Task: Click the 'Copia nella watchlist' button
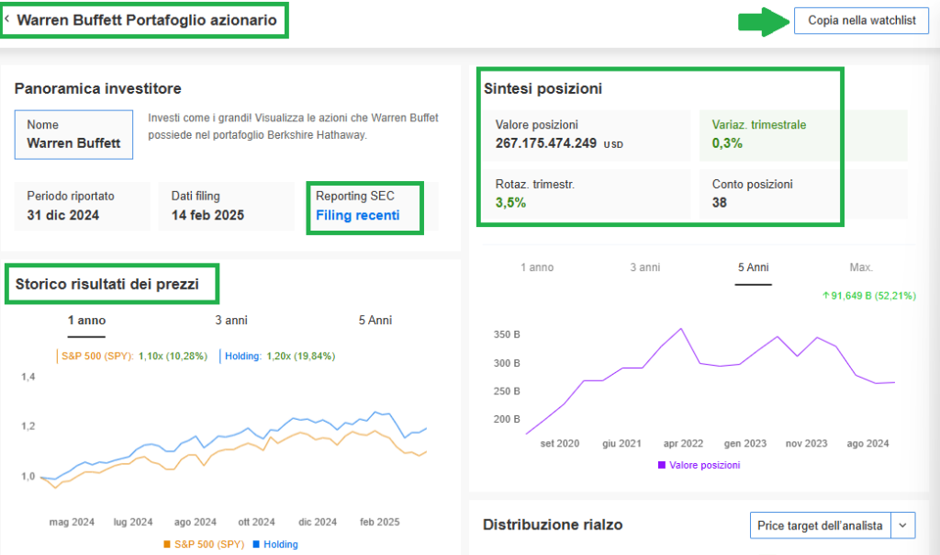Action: click(x=861, y=20)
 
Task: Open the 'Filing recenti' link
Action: click(x=357, y=216)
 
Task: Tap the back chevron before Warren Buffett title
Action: click(x=7, y=19)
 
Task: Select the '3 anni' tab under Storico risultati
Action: click(x=230, y=320)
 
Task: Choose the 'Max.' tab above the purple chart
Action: click(x=861, y=267)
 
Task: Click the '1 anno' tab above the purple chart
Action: click(x=537, y=267)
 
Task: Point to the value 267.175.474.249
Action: click(x=545, y=143)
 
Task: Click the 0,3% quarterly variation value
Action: click(x=727, y=143)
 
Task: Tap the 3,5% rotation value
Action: click(x=510, y=203)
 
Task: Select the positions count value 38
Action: click(x=719, y=202)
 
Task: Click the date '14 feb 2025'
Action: click(x=207, y=216)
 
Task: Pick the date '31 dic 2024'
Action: click(x=62, y=216)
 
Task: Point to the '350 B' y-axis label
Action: click(x=507, y=334)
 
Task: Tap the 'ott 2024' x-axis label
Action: click(x=256, y=522)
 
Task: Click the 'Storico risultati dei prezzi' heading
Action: click(x=106, y=284)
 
